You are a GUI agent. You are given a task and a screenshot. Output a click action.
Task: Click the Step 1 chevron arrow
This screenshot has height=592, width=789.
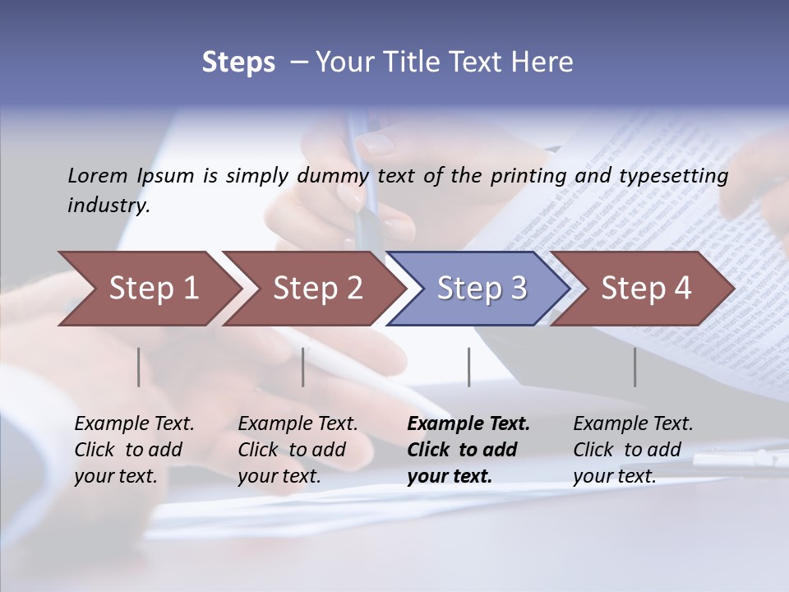148,289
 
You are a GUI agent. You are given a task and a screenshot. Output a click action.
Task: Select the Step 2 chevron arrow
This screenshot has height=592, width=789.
312,289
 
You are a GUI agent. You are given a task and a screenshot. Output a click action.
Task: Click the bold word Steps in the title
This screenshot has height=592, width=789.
238,62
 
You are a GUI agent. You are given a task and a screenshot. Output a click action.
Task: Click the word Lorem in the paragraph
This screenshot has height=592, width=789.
98,175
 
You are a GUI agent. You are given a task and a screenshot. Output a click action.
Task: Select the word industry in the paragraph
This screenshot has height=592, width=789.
108,206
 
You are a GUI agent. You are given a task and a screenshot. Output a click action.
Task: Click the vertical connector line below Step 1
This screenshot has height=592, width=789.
139,367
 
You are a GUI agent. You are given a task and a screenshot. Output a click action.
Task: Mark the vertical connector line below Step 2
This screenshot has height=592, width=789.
303,367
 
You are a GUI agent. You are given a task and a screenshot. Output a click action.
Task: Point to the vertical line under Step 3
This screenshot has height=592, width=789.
468,367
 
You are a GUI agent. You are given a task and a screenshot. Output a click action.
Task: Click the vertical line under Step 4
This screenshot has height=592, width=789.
634,367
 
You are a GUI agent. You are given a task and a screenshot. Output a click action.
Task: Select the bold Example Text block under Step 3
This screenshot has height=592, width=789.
468,450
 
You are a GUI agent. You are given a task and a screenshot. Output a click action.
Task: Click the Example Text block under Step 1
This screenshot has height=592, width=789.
134,450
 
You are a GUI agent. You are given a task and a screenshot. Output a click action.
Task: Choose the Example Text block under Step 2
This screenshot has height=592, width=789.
298,450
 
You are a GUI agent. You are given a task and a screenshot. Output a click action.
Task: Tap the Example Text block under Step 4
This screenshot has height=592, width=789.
632,450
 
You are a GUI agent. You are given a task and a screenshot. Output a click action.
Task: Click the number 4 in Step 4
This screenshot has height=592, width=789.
682,289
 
